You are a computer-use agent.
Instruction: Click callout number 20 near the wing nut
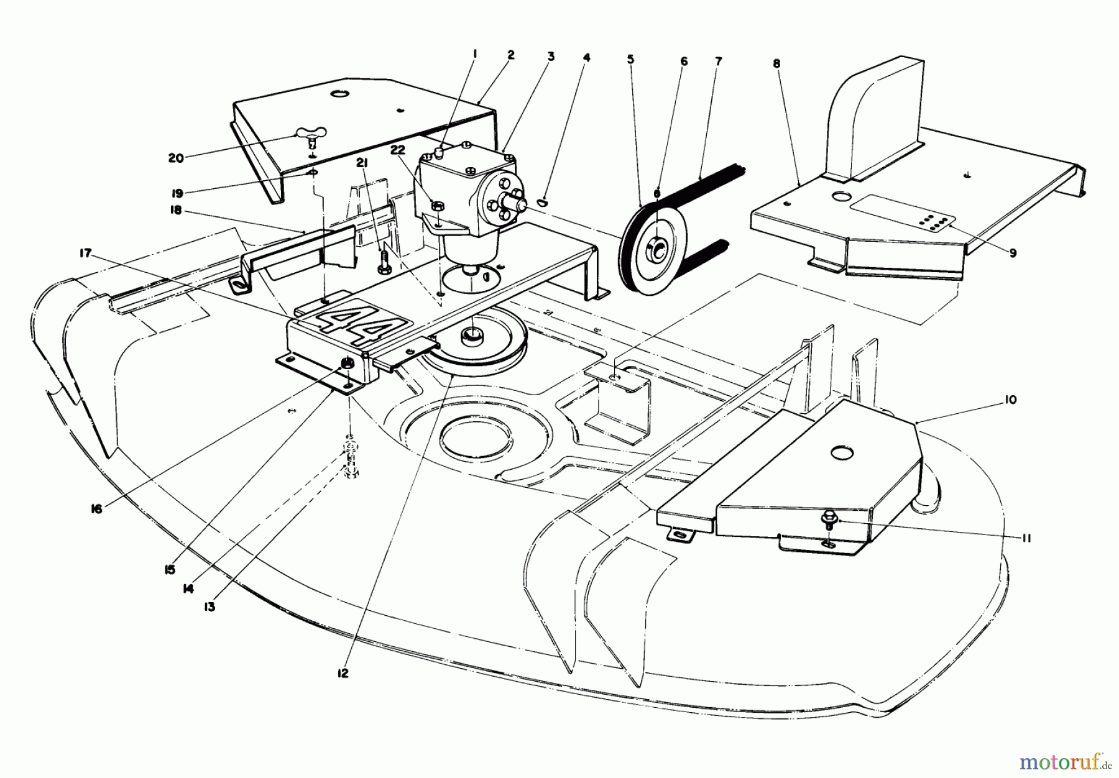point(176,158)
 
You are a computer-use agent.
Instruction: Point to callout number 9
point(1013,254)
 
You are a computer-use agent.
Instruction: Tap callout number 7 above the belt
point(719,61)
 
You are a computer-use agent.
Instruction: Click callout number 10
point(1010,400)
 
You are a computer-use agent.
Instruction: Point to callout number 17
point(85,253)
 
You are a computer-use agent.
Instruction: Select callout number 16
point(96,508)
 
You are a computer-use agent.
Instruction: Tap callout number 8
point(776,63)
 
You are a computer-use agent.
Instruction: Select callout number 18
point(176,210)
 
